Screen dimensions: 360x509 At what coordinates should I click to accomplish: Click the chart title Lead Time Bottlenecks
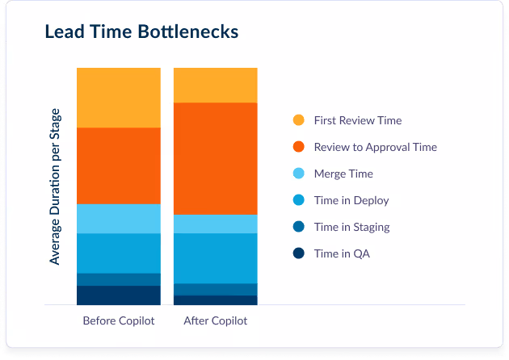coord(141,32)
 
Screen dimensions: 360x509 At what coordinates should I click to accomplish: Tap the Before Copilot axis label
coord(119,320)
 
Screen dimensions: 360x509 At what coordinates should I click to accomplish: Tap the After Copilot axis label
coord(216,320)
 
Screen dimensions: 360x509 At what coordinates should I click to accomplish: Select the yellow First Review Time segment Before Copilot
coord(119,98)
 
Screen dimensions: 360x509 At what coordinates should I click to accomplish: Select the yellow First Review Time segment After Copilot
coord(216,85)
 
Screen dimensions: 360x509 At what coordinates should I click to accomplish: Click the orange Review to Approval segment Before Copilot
coord(119,165)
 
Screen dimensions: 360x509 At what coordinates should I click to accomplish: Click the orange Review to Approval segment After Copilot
coord(216,158)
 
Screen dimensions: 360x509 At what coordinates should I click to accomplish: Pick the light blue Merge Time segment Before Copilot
coord(119,218)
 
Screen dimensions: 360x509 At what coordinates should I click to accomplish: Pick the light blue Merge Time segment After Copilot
coord(216,224)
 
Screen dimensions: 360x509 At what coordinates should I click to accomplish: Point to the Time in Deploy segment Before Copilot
coord(119,253)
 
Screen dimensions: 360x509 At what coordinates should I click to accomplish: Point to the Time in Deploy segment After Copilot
coord(216,258)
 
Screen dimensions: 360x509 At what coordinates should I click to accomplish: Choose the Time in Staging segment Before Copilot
coord(119,279)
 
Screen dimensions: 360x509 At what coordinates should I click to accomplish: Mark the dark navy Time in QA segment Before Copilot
coord(119,295)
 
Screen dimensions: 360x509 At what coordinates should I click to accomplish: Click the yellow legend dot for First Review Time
coord(299,120)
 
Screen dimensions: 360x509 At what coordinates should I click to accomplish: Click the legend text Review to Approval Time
coord(375,147)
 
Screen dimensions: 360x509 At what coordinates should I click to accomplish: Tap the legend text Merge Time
coord(343,174)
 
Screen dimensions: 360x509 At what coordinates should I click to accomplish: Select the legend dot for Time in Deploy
coord(299,200)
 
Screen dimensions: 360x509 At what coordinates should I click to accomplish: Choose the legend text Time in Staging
coord(351,227)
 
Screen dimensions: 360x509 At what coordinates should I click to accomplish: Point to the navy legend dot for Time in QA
coord(299,253)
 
